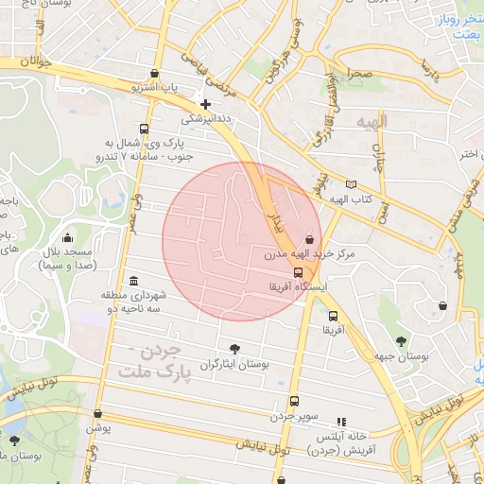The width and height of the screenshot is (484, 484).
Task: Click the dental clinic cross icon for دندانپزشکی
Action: point(205,104)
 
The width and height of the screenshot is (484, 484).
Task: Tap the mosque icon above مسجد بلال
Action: point(67,237)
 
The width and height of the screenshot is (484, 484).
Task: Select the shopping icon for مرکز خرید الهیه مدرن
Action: point(310,239)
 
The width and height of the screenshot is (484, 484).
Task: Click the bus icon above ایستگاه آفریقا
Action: point(299,271)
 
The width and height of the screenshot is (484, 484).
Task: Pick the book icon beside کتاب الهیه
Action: point(352,184)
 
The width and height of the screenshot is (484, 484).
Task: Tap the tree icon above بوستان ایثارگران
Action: point(234,348)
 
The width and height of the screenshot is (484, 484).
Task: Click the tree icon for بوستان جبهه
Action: point(401,341)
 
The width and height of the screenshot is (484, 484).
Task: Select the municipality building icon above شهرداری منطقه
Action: point(132,282)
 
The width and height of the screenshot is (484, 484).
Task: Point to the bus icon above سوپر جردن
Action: point(294,401)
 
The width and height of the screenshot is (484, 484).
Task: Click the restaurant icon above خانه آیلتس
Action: point(341,422)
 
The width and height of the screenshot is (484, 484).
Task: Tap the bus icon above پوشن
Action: point(98,413)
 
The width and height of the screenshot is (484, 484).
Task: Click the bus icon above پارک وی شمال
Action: point(144,129)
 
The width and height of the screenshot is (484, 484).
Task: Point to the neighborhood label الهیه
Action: point(372,123)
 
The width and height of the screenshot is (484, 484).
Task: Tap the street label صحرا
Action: point(358,72)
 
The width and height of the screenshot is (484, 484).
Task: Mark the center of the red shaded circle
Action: point(242,241)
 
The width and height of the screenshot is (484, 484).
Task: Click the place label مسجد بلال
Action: point(65,259)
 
